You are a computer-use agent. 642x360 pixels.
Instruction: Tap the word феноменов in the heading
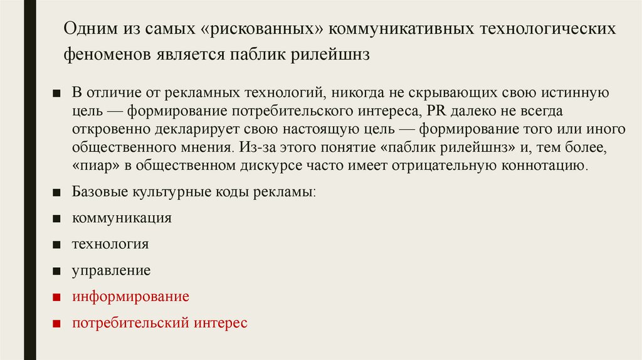(x=103, y=55)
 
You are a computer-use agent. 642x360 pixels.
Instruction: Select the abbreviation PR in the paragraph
(x=435, y=111)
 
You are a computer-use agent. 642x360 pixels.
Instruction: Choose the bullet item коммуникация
(x=122, y=218)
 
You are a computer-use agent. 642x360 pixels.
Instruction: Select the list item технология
(x=110, y=244)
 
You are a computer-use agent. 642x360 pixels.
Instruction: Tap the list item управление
(x=112, y=270)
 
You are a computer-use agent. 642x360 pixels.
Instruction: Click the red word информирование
(x=130, y=296)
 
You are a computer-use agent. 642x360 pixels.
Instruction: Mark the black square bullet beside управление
(x=56, y=271)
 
